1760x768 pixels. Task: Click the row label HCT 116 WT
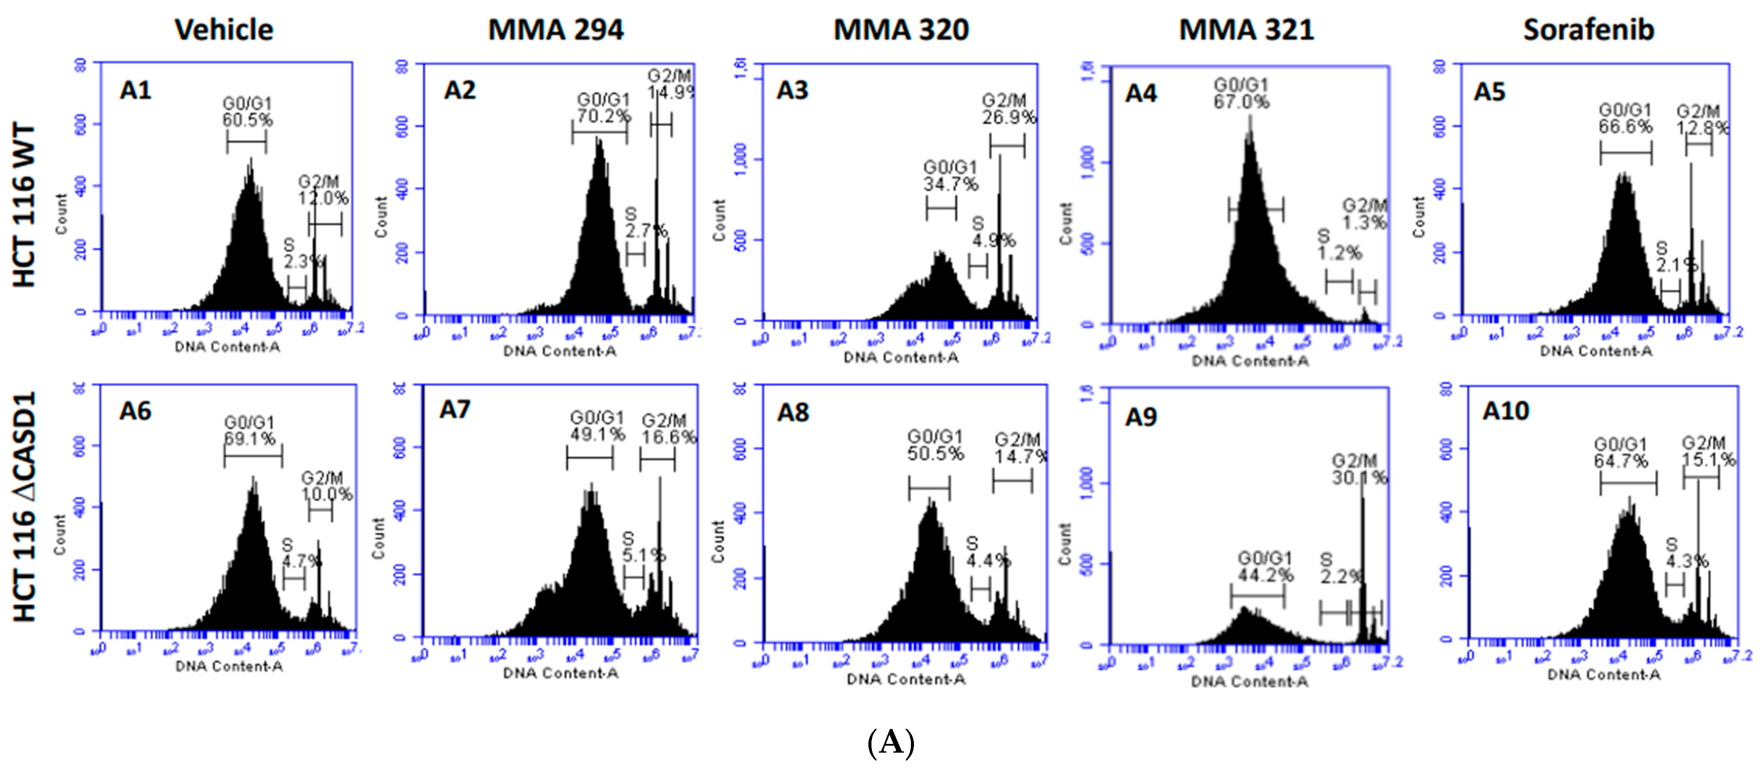tap(24, 205)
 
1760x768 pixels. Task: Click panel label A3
tap(793, 90)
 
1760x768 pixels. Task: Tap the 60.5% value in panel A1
tap(248, 120)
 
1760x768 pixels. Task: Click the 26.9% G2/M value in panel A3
tap(1009, 117)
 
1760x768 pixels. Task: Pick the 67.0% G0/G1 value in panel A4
tap(1241, 102)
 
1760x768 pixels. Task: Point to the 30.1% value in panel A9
tap(1359, 478)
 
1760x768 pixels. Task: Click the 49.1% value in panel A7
tap(598, 434)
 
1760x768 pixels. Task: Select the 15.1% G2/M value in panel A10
tap(1707, 460)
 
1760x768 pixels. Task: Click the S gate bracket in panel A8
tap(981, 589)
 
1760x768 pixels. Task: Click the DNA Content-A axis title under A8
tap(905, 679)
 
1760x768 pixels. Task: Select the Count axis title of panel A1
tap(61, 214)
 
